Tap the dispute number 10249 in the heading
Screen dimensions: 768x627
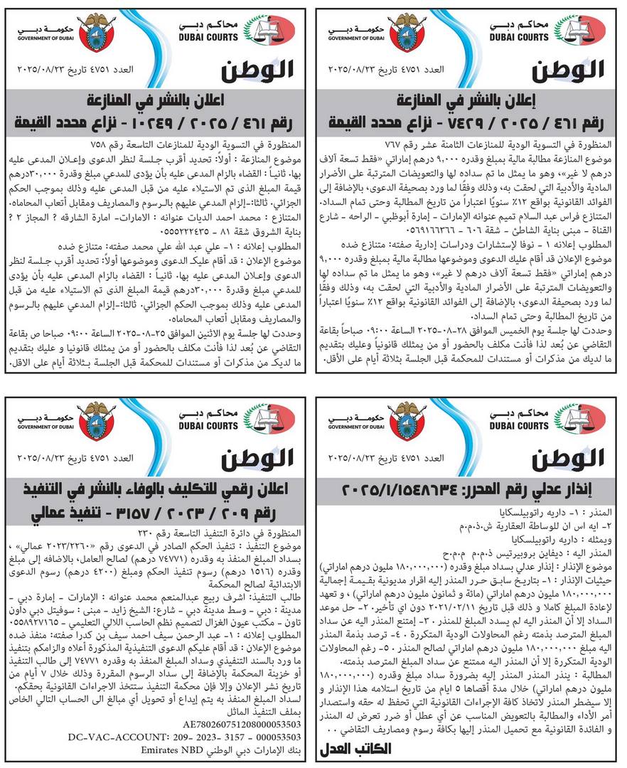(201, 117)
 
